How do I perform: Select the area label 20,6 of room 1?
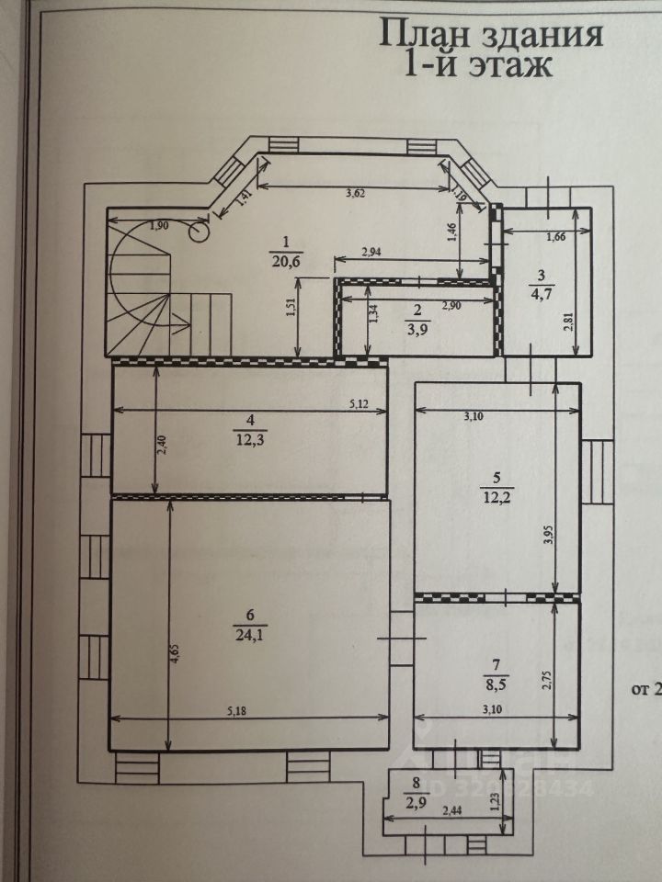click(x=286, y=261)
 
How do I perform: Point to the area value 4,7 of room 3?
click(x=541, y=294)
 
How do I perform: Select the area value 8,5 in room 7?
click(x=495, y=683)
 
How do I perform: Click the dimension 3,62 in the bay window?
click(x=355, y=193)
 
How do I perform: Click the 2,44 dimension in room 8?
click(x=451, y=811)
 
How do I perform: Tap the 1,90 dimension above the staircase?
click(x=159, y=226)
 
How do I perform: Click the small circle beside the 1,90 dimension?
click(x=198, y=232)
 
